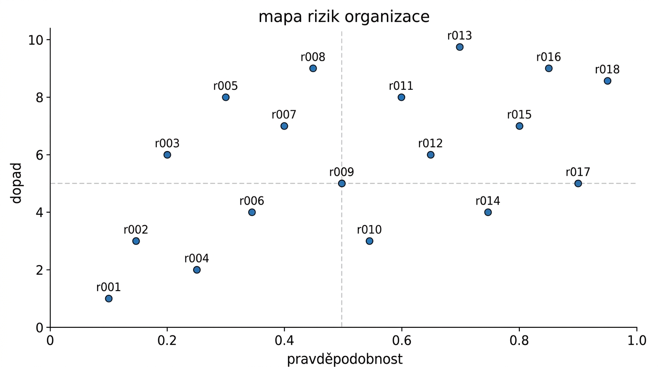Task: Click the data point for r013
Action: tap(460, 47)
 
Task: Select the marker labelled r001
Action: tap(109, 299)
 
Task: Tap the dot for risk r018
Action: tap(607, 81)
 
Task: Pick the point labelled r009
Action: tap(341, 183)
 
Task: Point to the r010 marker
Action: tap(369, 241)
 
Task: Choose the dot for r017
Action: tap(578, 183)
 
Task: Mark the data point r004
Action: tap(197, 270)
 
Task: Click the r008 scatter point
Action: tap(313, 68)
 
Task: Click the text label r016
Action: tap(548, 57)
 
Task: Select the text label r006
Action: tap(252, 201)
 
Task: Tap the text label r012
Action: tap(430, 144)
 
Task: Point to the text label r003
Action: tap(167, 144)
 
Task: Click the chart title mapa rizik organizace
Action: tap(344, 17)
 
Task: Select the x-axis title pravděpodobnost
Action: tap(345, 359)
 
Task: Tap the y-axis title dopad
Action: tap(17, 183)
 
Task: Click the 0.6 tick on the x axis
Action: tap(402, 340)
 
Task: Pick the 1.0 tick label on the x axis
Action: tap(636, 340)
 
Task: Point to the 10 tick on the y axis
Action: tap(36, 40)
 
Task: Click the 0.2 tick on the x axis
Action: tap(167, 340)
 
